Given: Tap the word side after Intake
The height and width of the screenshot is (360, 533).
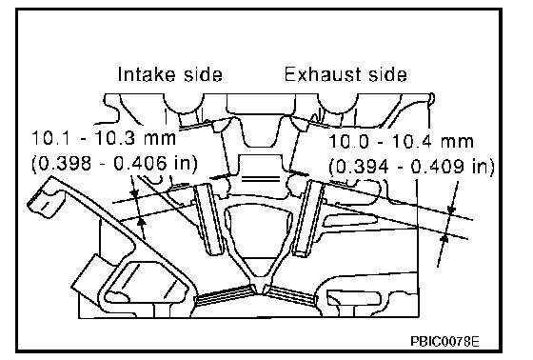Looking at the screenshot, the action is (x=203, y=74).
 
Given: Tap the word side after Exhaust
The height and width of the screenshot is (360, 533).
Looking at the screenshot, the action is (x=387, y=74).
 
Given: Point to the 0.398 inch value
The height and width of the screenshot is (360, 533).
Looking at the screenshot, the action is (x=65, y=163).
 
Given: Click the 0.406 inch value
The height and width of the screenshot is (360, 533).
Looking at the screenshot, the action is (x=140, y=163).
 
